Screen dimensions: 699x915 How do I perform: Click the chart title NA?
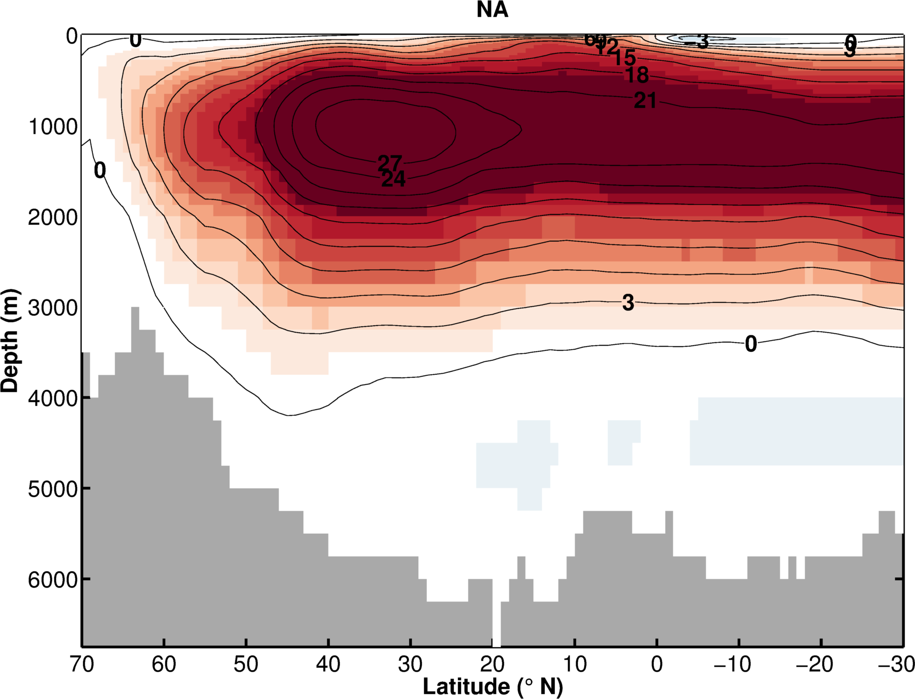[492, 10]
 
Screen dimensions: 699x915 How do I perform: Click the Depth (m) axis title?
[10, 341]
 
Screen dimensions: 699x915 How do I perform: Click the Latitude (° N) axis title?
[493, 686]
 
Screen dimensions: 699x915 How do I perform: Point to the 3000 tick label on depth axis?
[53, 308]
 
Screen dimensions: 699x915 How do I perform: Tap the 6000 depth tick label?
[53, 579]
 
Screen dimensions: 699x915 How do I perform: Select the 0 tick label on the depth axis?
[72, 36]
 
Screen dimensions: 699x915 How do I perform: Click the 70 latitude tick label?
[82, 665]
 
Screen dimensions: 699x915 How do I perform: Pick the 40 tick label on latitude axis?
[328, 665]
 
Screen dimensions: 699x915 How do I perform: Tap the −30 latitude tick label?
[896, 665]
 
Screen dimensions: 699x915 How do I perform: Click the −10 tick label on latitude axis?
[732, 665]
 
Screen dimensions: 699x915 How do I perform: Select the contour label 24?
[393, 178]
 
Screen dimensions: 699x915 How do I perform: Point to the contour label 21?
[645, 101]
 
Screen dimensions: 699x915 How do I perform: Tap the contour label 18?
[637, 75]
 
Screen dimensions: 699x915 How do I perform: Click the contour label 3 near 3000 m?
[628, 303]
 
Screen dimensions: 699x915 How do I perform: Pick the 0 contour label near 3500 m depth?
[751, 344]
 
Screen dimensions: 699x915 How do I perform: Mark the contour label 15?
[624, 57]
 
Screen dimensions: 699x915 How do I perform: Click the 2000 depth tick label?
[53, 218]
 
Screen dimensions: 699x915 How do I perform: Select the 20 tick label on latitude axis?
[492, 665]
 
